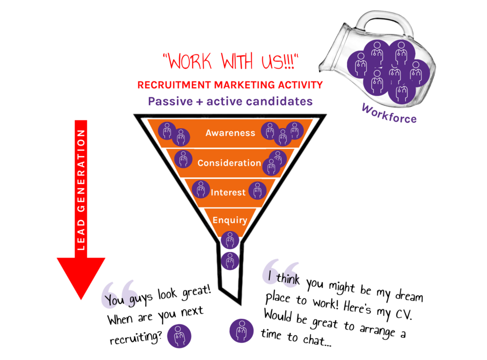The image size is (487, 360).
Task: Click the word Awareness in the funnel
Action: click(230, 133)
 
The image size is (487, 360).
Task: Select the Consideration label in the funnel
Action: click(229, 163)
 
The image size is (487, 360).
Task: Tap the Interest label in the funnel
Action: click(228, 193)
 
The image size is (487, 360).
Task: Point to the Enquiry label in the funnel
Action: click(230, 220)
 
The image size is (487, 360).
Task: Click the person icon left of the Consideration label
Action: click(183, 159)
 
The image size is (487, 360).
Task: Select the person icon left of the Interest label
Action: click(201, 189)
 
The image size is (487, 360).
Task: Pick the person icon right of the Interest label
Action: click(257, 191)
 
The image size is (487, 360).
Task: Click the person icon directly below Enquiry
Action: click(230, 240)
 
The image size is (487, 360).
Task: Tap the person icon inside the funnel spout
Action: click(230, 261)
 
